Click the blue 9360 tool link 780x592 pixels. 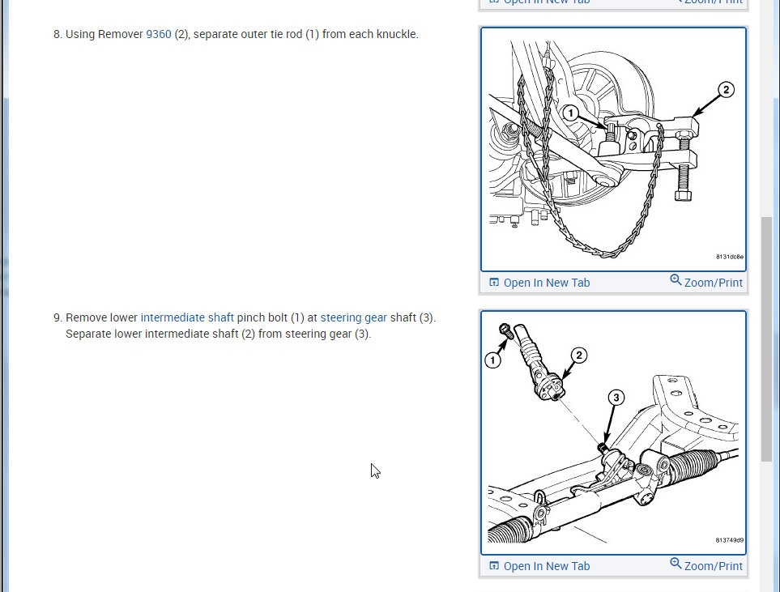[158, 34]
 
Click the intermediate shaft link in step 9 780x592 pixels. [187, 317]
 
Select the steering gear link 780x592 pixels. [354, 317]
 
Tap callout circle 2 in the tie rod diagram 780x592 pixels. [726, 90]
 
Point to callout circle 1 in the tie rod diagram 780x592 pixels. [570, 113]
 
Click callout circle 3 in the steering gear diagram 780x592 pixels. [616, 398]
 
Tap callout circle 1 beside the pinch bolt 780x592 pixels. [492, 360]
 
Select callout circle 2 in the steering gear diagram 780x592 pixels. [578, 356]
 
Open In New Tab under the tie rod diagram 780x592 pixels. [539, 283]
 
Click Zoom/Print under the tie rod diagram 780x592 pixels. [706, 282]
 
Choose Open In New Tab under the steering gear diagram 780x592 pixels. [539, 566]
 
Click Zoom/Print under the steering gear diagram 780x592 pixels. [706, 565]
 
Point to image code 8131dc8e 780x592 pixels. [730, 257]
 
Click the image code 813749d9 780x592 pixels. [730, 540]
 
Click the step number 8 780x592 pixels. [58, 34]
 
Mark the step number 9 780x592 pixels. [58, 318]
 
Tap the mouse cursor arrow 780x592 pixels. [374, 470]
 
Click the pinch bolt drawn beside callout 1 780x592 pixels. [505, 330]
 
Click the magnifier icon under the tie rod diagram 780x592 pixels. [676, 280]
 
